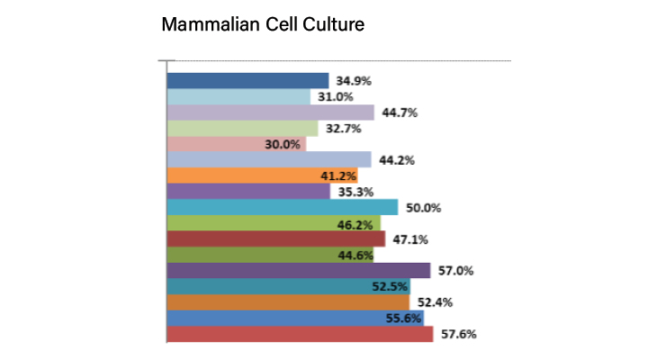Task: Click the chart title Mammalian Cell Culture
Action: [262, 24]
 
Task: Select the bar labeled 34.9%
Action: [247, 81]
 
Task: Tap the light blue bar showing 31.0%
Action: [238, 96]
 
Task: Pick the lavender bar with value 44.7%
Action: [270, 112]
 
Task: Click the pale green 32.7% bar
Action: [242, 129]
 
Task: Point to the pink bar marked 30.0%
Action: [236, 144]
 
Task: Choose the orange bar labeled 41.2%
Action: [238, 175]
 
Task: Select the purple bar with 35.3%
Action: [248, 191]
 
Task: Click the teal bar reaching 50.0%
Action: [283, 207]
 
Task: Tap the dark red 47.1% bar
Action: [276, 238]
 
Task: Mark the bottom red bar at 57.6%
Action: [301, 334]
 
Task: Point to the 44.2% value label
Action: [396, 160]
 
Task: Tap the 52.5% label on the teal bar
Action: [390, 287]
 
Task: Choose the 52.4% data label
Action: [434, 302]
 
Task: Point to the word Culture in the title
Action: [333, 24]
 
